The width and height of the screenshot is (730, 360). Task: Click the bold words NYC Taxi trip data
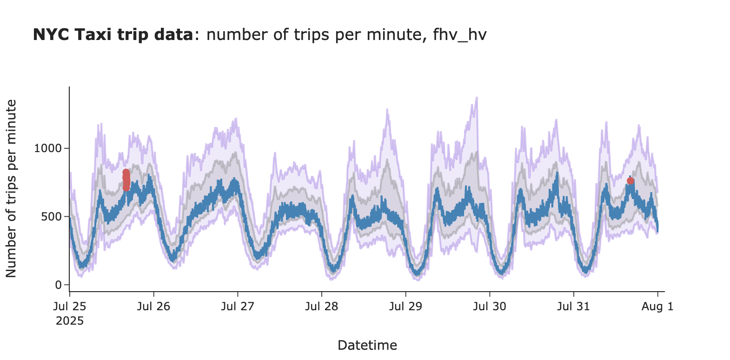113,35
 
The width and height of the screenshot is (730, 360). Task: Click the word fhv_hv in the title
459,35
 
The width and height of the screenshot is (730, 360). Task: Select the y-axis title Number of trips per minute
11,188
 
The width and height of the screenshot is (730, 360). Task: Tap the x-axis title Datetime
367,345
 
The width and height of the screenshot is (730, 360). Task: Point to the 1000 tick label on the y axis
48,148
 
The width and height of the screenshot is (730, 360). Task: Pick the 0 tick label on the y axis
59,285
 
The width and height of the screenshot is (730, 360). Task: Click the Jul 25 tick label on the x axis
70,307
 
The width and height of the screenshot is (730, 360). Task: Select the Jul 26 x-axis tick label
154,307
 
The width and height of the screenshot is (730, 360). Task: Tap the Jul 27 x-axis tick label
238,307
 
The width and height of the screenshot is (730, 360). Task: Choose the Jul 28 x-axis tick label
322,307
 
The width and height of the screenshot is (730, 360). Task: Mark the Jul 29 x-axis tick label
405,307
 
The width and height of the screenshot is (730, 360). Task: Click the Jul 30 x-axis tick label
490,307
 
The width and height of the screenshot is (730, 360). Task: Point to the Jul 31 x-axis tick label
573,307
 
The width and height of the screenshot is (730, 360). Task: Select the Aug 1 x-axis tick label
657,307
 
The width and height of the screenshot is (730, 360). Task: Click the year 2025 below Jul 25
70,321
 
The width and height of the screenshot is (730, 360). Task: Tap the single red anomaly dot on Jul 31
630,180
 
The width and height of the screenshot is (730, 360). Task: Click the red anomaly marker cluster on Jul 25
126,180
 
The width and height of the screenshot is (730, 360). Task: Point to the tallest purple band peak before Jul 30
477,98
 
